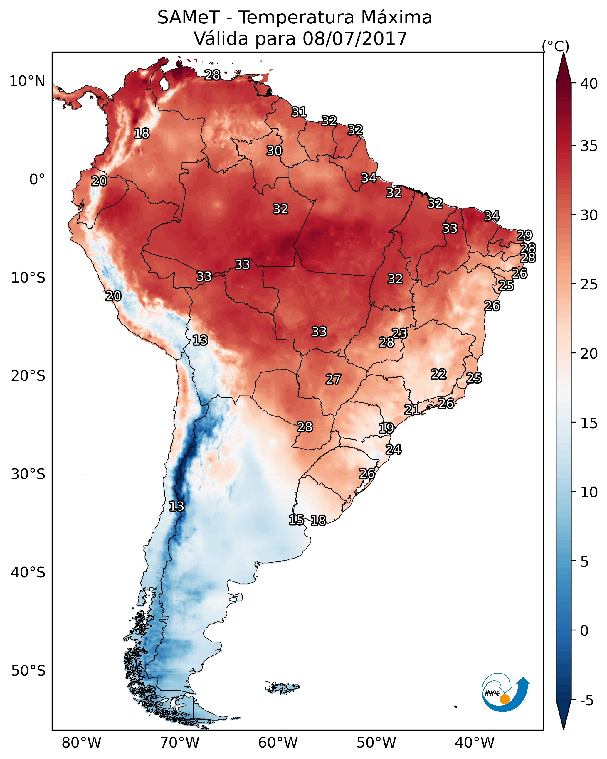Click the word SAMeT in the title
(188, 18)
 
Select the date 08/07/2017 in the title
(354, 39)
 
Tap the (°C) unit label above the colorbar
(555, 46)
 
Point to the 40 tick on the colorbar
(589, 84)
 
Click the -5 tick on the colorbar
(586, 700)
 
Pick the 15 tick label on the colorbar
(589, 423)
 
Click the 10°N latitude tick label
(27, 81)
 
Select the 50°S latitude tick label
(28, 671)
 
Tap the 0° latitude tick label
(37, 180)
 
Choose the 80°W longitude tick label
(81, 743)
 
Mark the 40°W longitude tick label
(475, 743)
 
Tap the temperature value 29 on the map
(524, 235)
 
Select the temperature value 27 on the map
(333, 379)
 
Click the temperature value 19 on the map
(386, 428)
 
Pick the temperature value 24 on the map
(393, 450)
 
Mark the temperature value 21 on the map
(411, 409)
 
